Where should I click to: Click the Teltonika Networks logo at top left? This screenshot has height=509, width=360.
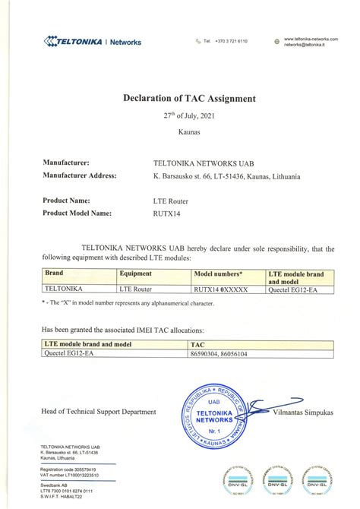[93, 41]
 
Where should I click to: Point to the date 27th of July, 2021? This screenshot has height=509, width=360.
[179, 118]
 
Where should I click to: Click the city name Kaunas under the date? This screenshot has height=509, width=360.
[179, 133]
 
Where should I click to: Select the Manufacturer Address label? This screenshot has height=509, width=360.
[80, 175]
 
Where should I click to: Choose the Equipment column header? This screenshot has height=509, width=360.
[136, 272]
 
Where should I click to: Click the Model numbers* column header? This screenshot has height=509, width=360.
[219, 272]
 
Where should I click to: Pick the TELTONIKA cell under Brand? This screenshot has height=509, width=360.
[64, 289]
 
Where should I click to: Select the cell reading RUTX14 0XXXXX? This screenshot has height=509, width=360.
[220, 289]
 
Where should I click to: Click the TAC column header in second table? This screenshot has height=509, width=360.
[196, 344]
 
